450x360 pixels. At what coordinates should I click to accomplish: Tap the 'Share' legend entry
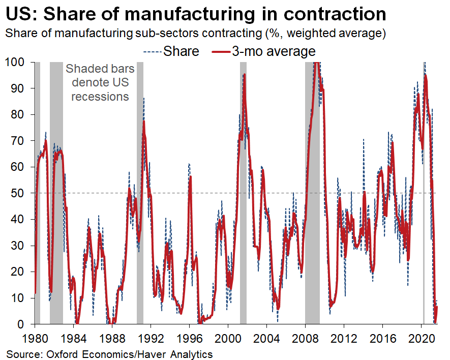point(181,51)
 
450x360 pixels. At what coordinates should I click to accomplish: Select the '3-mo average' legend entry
point(274,51)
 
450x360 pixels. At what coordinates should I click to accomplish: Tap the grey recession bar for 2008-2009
point(312,203)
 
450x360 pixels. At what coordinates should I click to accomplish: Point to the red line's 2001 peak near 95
point(245,75)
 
